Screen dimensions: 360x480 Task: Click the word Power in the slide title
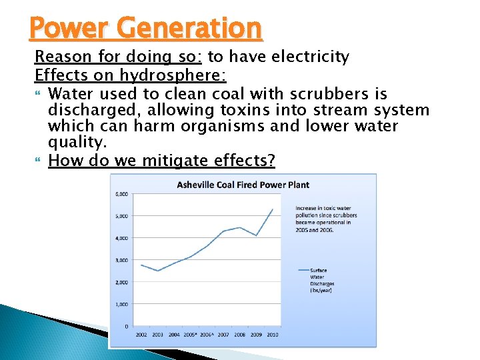pyautogui.click(x=61, y=29)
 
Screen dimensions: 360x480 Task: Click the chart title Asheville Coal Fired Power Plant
pyautogui.click(x=243, y=185)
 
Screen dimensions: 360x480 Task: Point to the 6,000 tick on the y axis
pyautogui.click(x=121, y=194)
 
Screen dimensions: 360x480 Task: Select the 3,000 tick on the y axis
pyautogui.click(x=121, y=260)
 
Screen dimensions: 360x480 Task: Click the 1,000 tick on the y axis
pyautogui.click(x=121, y=304)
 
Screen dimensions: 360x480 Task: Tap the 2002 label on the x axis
pyautogui.click(x=141, y=335)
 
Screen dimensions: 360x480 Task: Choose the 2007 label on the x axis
pyautogui.click(x=223, y=335)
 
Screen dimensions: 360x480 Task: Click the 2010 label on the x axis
pyautogui.click(x=272, y=335)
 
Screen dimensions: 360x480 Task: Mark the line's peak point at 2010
pyautogui.click(x=272, y=209)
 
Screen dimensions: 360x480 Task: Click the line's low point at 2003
pyautogui.click(x=157, y=271)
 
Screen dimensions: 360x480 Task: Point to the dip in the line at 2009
pyautogui.click(x=256, y=235)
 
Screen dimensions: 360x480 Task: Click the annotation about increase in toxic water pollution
pyautogui.click(x=326, y=219)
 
